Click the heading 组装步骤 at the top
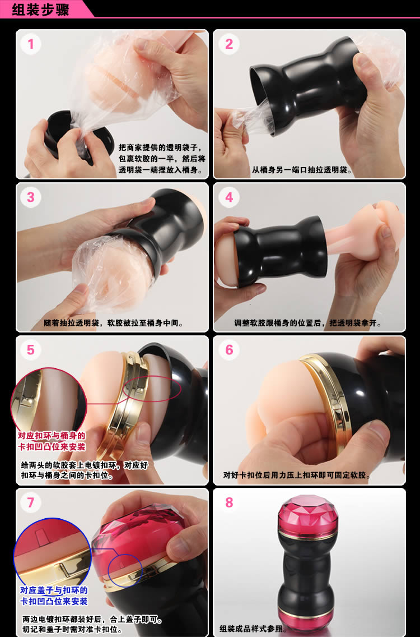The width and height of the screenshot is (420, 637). pos(40,9)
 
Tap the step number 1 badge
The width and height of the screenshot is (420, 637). pos(31,44)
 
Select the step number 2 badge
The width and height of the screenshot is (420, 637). pos(229,44)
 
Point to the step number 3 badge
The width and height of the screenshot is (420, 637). pos(31,197)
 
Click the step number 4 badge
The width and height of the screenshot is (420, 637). pos(229,197)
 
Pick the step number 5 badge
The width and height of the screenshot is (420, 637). pos(31,350)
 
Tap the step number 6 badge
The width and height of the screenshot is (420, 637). pos(229,350)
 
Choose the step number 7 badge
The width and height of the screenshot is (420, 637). pos(31,503)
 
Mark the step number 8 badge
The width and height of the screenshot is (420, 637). pos(229,503)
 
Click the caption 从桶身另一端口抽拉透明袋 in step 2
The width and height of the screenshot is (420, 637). pos(301,170)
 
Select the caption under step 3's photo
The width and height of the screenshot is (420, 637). pos(114,324)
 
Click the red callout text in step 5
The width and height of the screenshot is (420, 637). pos(52,441)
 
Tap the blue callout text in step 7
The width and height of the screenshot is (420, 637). pos(54,596)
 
